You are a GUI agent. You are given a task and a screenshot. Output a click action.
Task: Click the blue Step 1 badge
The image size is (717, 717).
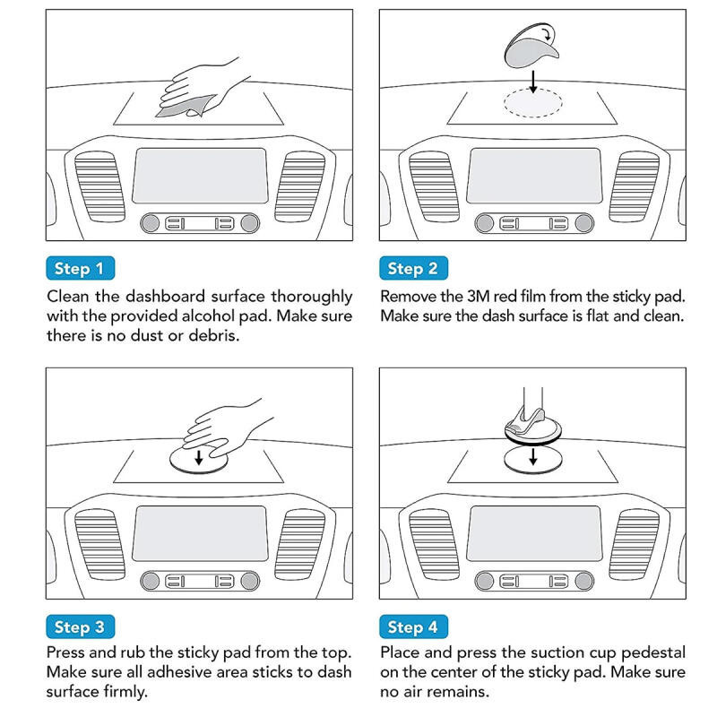pyautogui.click(x=80, y=268)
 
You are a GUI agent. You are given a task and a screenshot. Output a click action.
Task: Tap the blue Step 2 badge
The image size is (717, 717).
pyautogui.click(x=413, y=268)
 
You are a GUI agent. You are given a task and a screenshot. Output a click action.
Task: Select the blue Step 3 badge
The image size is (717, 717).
pyautogui.click(x=80, y=626)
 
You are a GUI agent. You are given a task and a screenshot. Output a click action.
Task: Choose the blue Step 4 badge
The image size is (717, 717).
pyautogui.click(x=413, y=626)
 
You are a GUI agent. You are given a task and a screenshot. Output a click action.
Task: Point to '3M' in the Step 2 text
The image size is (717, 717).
pyautogui.click(x=478, y=297)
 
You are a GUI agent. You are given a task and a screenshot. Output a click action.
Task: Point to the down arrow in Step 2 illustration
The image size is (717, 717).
pyautogui.click(x=533, y=82)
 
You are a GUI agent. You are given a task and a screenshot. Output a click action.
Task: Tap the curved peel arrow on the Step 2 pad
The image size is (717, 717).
pyautogui.click(x=549, y=33)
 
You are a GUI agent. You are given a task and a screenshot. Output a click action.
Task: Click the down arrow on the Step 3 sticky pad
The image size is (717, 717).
pyautogui.click(x=199, y=457)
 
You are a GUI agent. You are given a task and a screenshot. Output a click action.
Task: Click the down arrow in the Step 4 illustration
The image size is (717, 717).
pyautogui.click(x=533, y=456)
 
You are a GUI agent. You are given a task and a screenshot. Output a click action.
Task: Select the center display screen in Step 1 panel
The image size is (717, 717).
pyautogui.click(x=200, y=176)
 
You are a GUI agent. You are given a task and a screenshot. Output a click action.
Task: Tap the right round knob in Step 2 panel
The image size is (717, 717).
pyautogui.click(x=584, y=223)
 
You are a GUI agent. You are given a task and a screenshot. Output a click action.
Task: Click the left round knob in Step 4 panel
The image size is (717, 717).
pyautogui.click(x=484, y=581)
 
